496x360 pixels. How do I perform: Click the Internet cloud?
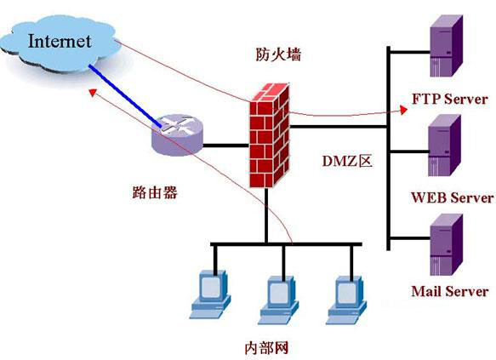pos(60,43)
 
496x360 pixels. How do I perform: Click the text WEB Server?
pos(452,197)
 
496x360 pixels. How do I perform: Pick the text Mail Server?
pos(449,291)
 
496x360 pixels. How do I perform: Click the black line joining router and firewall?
pos(225,145)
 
